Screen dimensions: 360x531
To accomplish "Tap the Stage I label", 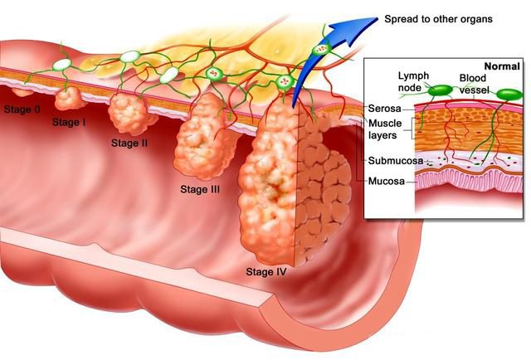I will (x=69, y=123).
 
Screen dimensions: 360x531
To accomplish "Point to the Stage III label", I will (x=200, y=189).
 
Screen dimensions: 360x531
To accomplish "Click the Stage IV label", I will (x=266, y=271).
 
